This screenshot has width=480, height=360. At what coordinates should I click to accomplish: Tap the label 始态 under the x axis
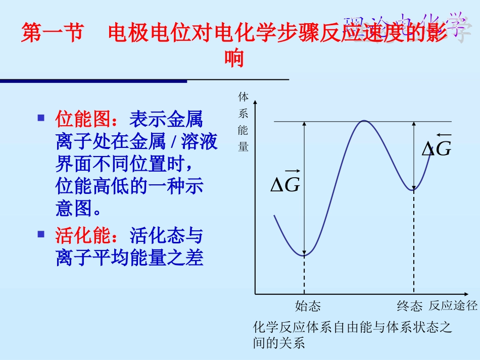308,306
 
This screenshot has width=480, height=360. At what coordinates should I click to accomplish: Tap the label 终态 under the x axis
409,306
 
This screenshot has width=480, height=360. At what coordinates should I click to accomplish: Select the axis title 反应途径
453,305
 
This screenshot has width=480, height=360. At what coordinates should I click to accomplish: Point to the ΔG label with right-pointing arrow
285,182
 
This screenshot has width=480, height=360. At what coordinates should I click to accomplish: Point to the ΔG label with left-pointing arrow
437,146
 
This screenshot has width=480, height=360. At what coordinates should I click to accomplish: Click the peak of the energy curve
364,121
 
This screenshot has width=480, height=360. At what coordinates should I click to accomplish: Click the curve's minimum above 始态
304,256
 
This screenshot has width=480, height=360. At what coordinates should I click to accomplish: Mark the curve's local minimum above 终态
414,190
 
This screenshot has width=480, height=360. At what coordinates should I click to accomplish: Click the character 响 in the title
234,59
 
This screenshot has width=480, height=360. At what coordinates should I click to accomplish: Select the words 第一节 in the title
52,34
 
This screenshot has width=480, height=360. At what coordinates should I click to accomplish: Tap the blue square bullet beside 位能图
41,118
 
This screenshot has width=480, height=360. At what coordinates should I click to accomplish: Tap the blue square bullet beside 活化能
41,234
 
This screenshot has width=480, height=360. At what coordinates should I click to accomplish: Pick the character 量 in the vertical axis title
244,147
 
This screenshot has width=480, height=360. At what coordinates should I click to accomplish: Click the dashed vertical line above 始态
304,275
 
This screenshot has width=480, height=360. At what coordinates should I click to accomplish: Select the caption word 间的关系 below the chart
279,343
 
